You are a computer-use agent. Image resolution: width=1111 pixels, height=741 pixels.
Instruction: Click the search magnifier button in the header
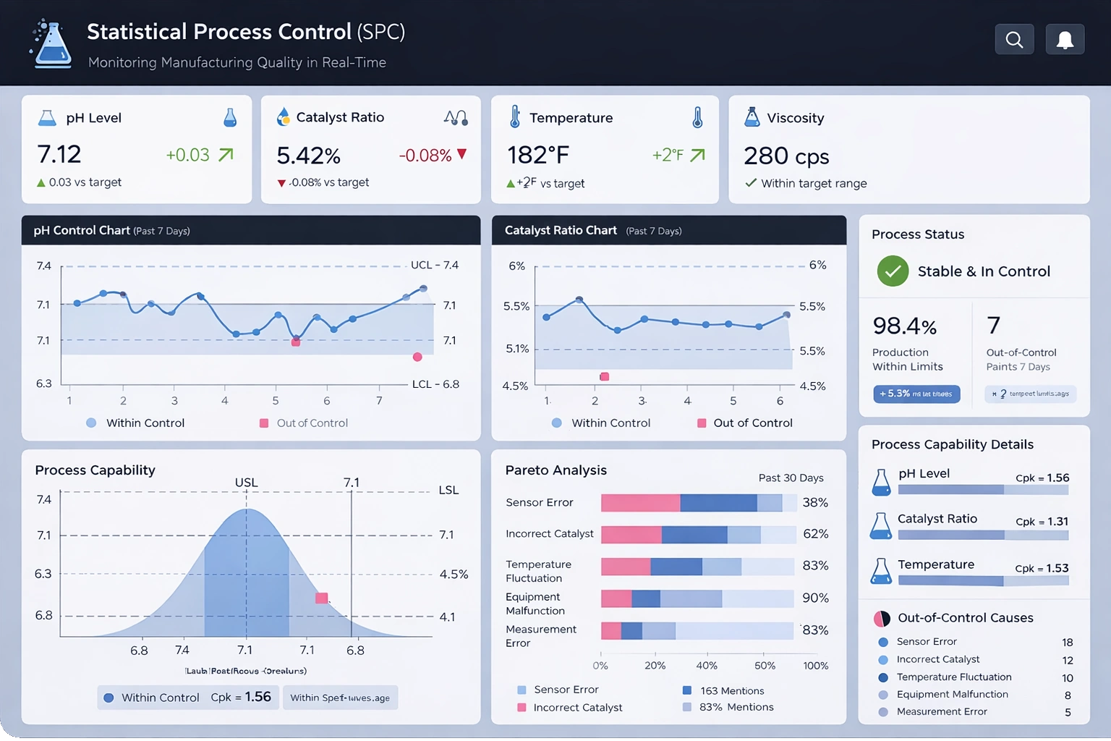[x=1014, y=40]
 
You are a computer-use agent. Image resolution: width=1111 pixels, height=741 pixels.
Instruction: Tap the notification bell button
[x=1065, y=40]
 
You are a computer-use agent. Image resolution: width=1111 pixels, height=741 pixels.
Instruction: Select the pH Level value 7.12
[x=59, y=154]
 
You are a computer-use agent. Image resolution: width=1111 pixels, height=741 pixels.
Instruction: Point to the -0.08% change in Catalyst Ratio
[x=425, y=156]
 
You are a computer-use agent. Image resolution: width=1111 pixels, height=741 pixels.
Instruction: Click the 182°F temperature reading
[x=538, y=155]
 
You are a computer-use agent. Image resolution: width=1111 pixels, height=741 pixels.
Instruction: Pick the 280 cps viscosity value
[x=786, y=156]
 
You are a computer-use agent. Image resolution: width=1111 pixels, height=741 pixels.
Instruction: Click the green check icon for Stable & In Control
[x=893, y=271]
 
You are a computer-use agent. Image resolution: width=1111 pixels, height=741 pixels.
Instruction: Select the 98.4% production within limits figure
[x=904, y=326]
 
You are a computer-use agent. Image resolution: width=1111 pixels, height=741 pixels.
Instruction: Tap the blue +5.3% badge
[x=916, y=394]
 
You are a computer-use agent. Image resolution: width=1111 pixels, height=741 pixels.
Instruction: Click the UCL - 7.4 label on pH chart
[x=434, y=265]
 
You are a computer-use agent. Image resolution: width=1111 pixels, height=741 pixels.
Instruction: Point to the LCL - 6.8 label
[x=435, y=384]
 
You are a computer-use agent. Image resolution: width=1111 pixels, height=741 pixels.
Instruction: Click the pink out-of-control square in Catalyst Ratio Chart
[x=605, y=376]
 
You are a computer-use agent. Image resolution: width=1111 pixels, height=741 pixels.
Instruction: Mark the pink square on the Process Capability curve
[x=322, y=598]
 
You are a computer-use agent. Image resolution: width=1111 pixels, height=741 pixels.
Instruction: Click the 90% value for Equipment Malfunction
[x=815, y=598]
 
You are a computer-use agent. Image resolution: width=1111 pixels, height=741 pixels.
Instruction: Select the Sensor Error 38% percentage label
[x=815, y=502]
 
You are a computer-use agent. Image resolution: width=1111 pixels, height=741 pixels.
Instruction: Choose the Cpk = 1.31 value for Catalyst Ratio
[x=1042, y=521]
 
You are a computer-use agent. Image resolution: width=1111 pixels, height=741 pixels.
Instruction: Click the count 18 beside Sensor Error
[x=1067, y=643]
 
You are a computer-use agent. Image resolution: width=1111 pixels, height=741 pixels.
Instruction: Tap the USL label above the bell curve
[x=246, y=483]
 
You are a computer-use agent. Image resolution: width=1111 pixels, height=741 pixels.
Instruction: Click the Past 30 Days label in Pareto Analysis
[x=791, y=478]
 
